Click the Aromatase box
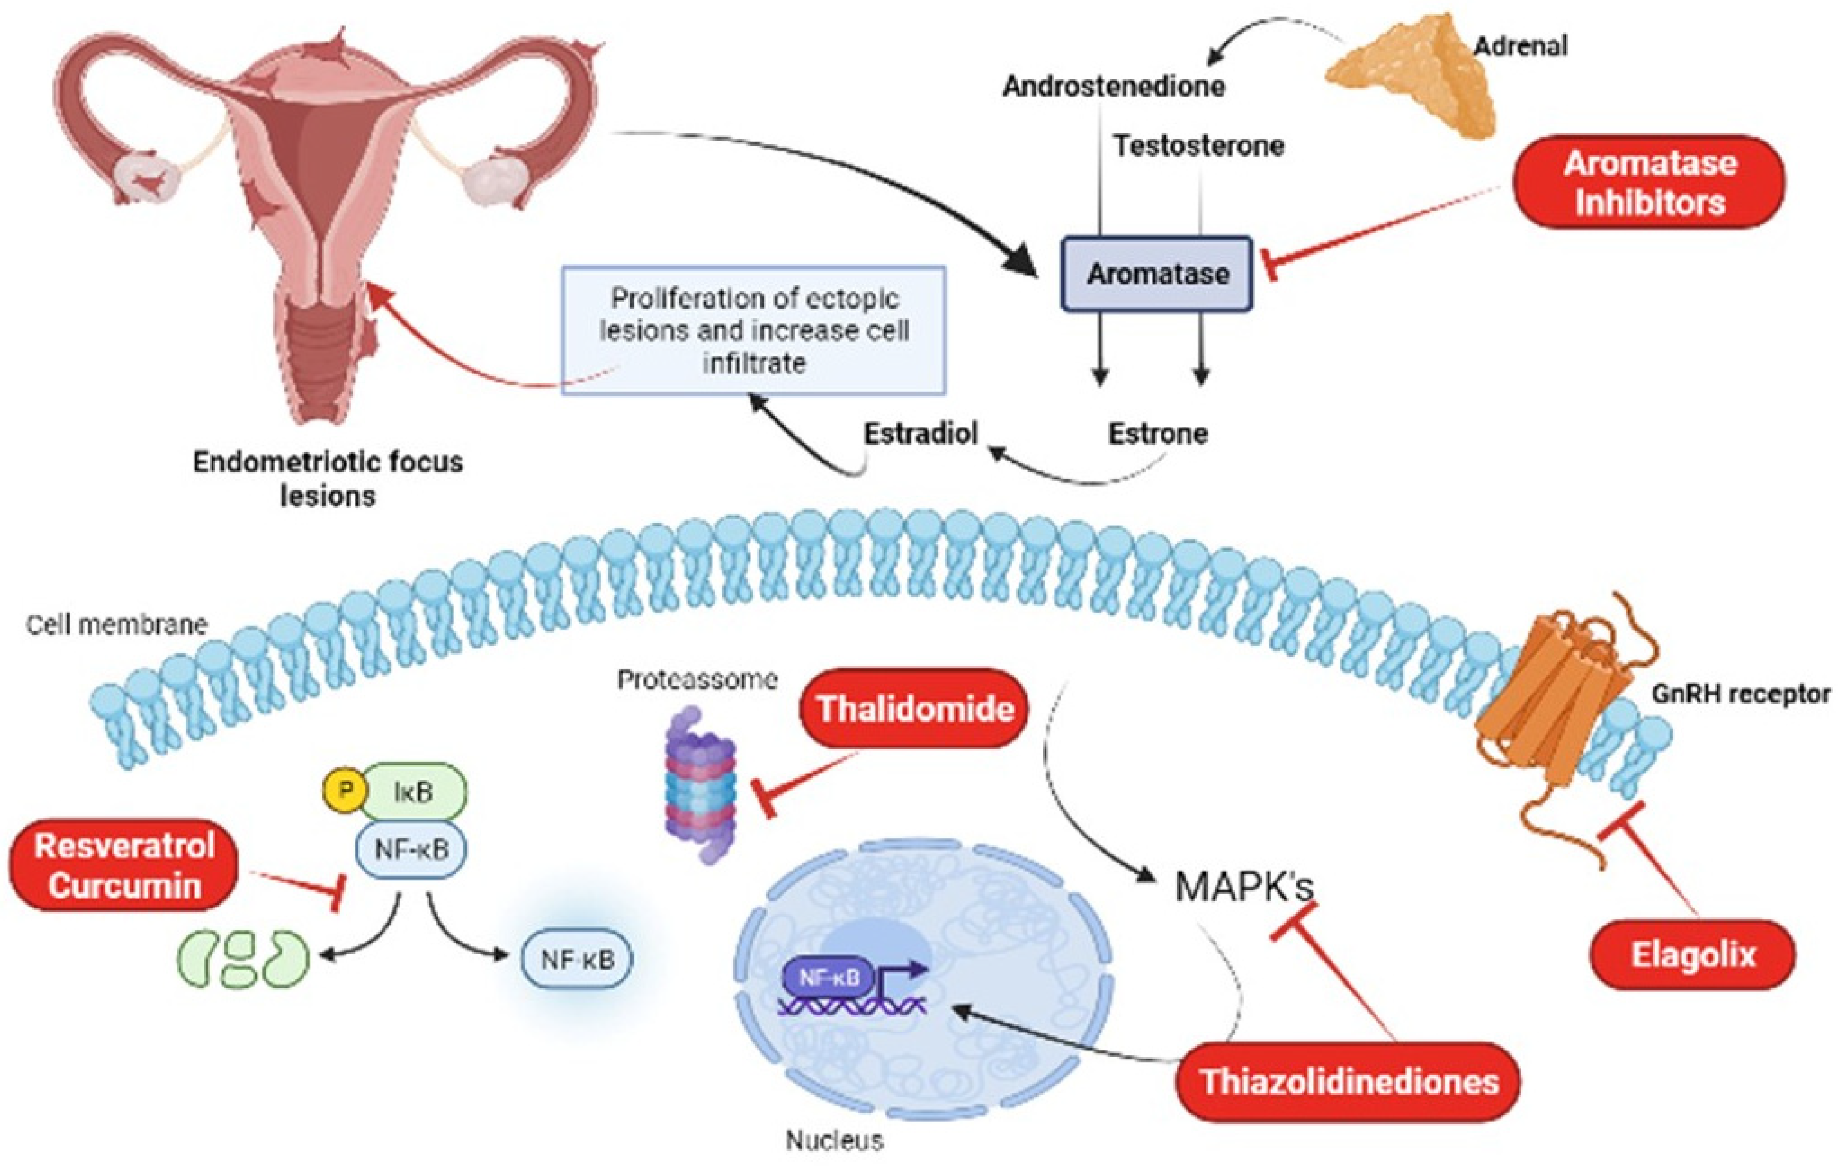(1157, 274)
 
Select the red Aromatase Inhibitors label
(1649, 183)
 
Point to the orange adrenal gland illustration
(1412, 76)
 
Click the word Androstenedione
(1114, 86)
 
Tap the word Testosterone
(1198, 145)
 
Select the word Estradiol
(920, 433)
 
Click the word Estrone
(1157, 433)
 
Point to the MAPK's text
(1244, 887)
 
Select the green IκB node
(413, 792)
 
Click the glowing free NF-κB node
(577, 960)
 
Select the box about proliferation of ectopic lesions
(754, 330)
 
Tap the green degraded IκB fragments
(244, 958)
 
